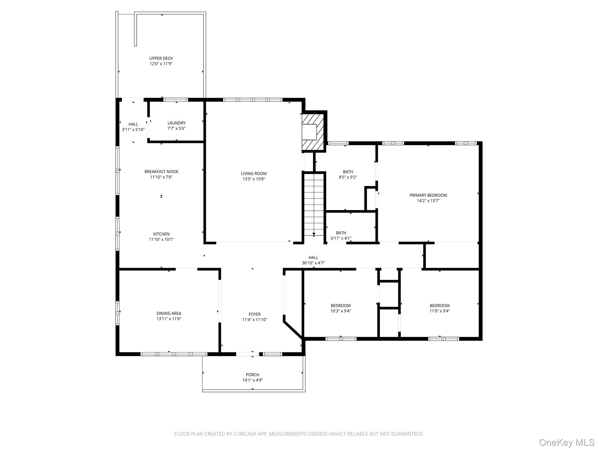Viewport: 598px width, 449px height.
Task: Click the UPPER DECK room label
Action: [161, 58]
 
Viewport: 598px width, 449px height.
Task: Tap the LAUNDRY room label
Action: [176, 123]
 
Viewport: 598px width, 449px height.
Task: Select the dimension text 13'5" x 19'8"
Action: [253, 179]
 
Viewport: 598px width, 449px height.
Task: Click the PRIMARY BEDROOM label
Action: [428, 195]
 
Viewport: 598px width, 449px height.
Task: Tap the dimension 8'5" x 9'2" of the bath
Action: [348, 177]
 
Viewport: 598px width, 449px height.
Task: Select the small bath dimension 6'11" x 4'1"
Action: [341, 238]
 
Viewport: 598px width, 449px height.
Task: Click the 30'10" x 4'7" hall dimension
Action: [313, 263]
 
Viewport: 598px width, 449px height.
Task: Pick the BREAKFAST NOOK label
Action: [161, 172]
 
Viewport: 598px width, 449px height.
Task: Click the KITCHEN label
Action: [161, 234]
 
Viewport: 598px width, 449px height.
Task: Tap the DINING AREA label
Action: [169, 313]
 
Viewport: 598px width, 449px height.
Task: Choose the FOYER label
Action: [255, 314]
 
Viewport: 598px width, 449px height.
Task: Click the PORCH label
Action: [252, 375]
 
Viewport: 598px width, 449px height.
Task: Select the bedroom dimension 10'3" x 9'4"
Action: [340, 311]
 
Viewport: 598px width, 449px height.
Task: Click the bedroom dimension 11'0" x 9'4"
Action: [439, 311]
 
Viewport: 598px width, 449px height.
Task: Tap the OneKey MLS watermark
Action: [566, 442]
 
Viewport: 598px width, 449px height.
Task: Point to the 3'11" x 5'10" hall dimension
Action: [133, 129]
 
